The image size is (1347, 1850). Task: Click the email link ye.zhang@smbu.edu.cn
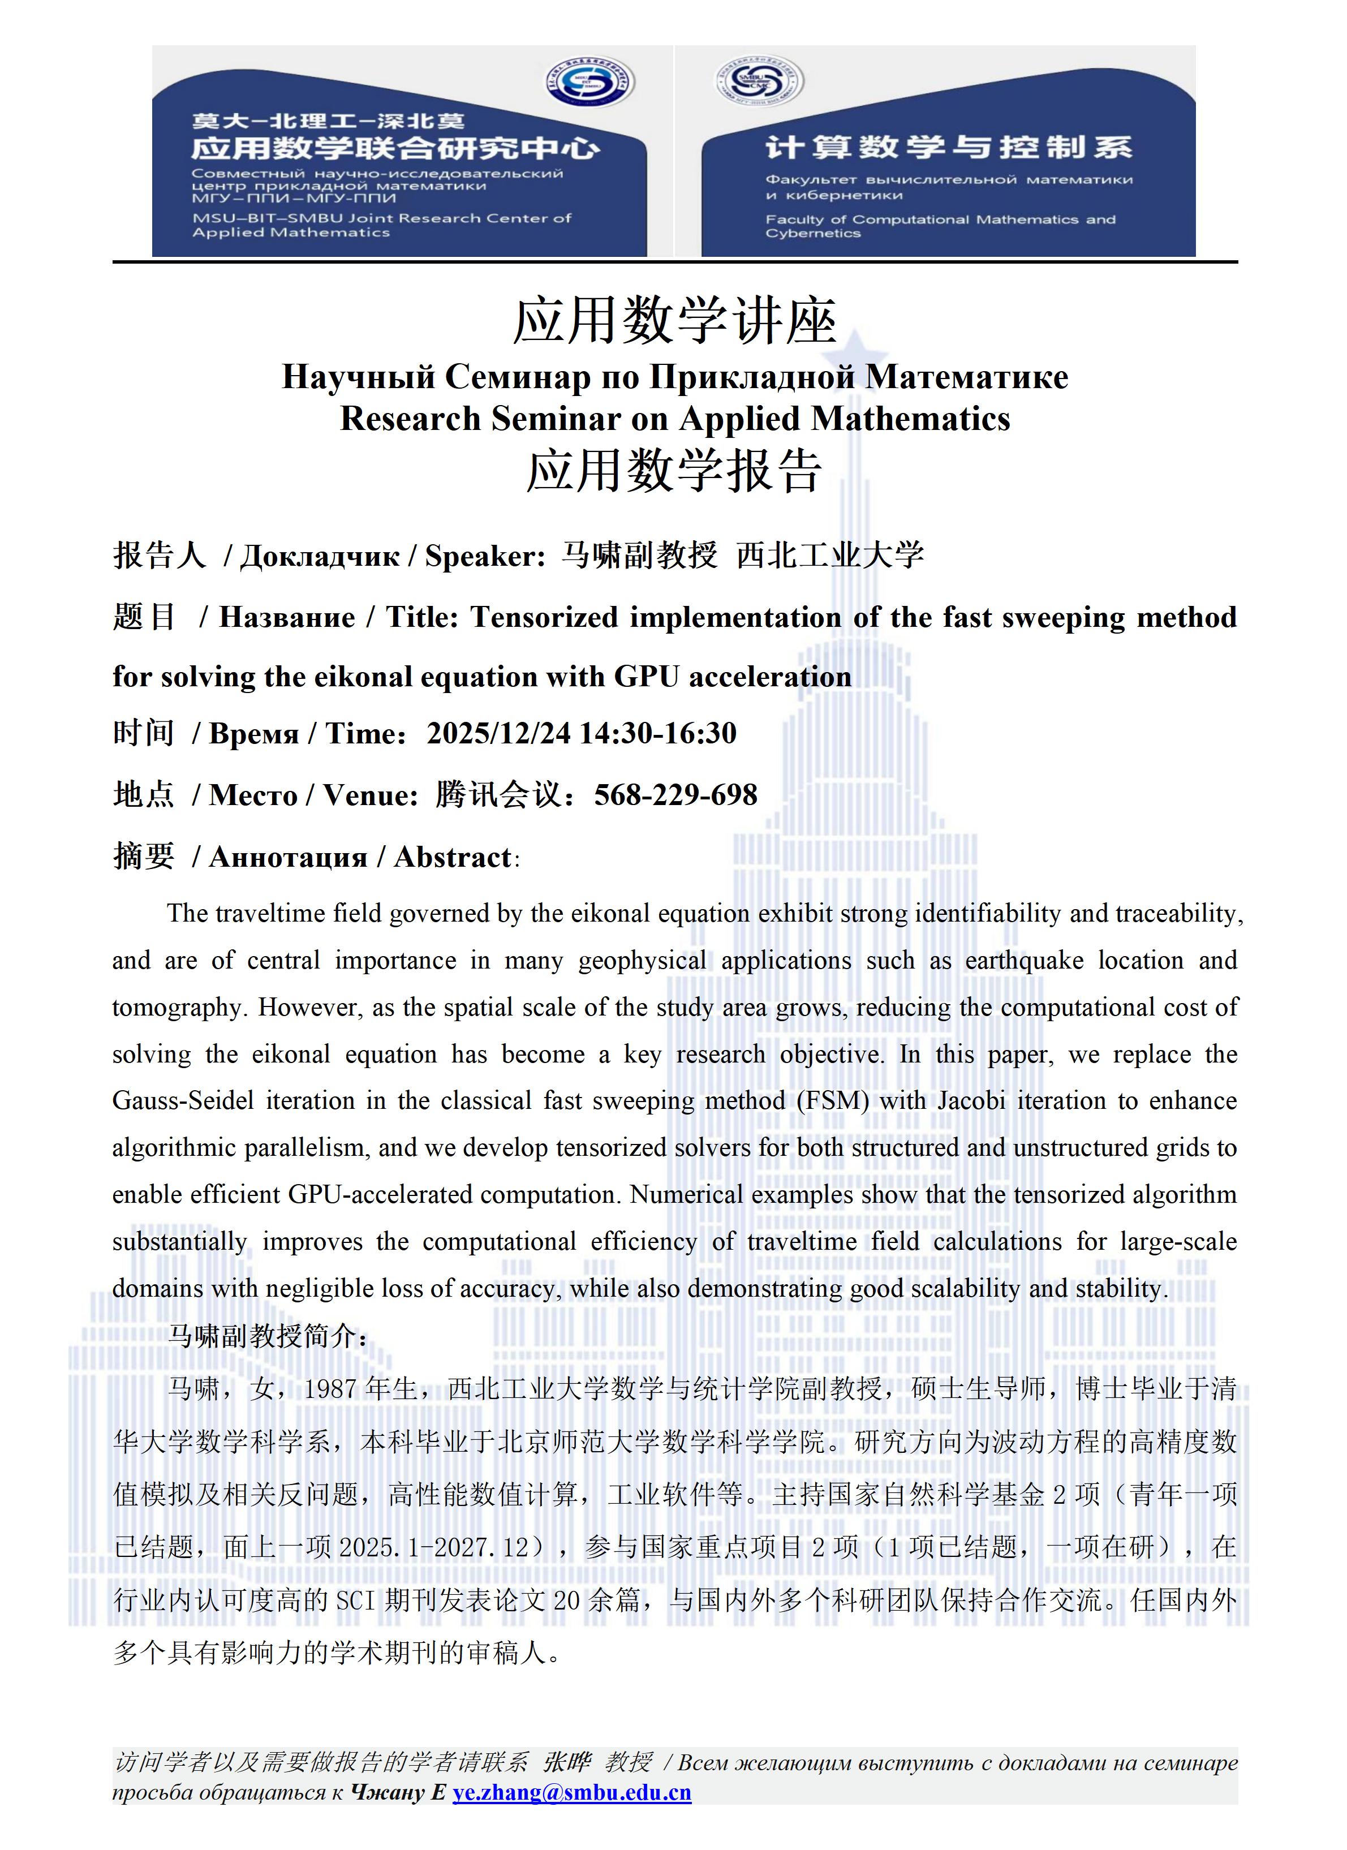[x=571, y=1792]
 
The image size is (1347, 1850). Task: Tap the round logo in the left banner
[x=590, y=83]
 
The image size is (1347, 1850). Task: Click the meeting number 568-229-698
[x=675, y=794]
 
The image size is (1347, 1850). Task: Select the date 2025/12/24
[x=498, y=733]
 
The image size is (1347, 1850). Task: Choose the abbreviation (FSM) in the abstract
[x=832, y=1100]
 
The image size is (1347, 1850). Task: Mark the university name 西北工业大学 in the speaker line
[x=830, y=556]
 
